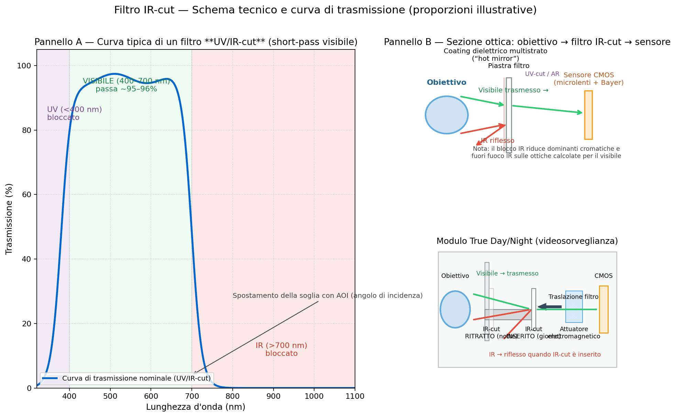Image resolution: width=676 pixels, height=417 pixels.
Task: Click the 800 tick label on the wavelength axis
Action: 233,396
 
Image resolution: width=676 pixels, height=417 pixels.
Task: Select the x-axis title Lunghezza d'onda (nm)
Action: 196,407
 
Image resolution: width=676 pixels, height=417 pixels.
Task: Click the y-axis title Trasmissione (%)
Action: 9,219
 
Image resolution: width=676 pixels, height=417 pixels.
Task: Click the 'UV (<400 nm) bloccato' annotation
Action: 74,113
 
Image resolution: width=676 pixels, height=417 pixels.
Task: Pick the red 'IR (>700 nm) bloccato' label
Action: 281,349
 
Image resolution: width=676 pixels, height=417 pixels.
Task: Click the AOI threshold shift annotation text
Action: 327,295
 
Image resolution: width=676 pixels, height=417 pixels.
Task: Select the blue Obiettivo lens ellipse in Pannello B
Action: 446,115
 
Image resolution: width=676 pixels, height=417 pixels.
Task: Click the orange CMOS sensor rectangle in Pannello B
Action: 588,115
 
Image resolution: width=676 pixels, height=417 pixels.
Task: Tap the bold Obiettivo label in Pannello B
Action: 446,82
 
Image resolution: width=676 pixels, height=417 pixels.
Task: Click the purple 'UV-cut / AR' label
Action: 542,74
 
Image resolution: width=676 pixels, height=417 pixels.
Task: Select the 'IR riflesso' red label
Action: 497,140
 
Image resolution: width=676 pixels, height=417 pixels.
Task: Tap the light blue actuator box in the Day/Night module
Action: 574,306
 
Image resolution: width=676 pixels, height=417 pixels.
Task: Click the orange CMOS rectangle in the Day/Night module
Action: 603,309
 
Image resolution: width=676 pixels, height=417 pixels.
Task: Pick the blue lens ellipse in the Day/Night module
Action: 455,309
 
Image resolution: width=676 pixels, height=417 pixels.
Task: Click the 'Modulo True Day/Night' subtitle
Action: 527,241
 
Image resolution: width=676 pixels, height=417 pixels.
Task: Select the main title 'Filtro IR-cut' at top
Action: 325,10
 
